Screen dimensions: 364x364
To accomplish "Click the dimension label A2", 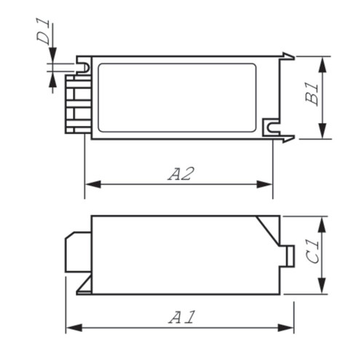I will click(180, 173).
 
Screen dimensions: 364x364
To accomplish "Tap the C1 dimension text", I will click(311, 255).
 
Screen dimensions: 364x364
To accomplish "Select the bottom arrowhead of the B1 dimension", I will click(323, 135).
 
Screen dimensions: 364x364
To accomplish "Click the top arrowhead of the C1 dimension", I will click(323, 221).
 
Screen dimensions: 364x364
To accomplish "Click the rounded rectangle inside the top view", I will click(178, 96).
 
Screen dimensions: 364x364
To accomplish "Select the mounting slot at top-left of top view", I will click(84, 67).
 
